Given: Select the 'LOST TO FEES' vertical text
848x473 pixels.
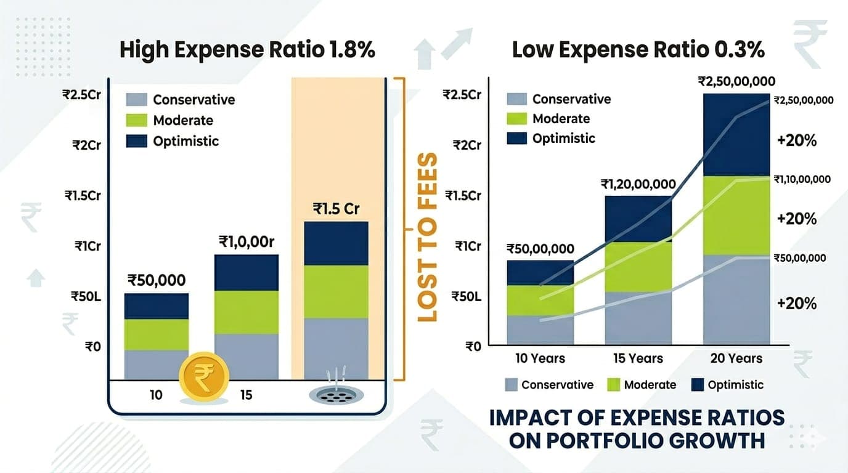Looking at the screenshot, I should (x=427, y=237).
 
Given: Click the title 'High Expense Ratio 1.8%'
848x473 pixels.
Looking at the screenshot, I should (x=247, y=50).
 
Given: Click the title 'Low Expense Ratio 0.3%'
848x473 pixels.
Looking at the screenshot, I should (x=638, y=50).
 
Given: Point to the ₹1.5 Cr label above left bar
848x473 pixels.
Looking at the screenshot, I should (x=335, y=209).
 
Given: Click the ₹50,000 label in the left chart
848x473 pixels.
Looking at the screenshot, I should (x=157, y=280).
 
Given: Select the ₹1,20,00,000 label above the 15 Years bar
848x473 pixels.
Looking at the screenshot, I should (x=638, y=184).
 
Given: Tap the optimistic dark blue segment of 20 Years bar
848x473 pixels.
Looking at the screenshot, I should (x=736, y=134).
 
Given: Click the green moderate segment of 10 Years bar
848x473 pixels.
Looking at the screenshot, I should (x=540, y=300).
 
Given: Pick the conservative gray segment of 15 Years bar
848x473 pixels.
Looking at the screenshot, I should (x=638, y=318).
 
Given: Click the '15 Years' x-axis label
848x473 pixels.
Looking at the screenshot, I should (x=638, y=358).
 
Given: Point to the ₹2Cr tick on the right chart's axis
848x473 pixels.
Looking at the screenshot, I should (x=467, y=145).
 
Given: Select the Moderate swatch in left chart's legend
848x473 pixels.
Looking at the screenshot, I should (x=137, y=120).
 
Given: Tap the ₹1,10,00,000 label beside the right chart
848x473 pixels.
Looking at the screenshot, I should (x=802, y=179).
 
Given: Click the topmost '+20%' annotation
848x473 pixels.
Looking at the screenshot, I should (x=797, y=140).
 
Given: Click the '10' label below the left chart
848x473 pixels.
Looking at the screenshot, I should (x=156, y=395).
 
